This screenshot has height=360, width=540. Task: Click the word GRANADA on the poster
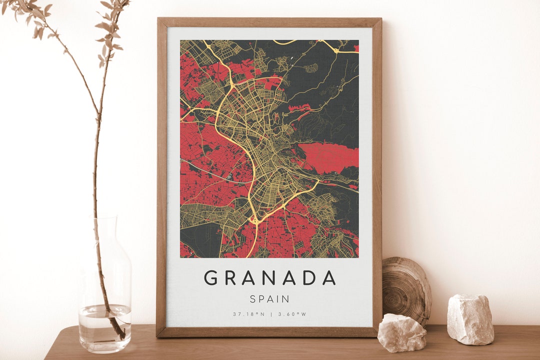coord(269,277)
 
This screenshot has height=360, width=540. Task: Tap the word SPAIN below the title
coord(269,299)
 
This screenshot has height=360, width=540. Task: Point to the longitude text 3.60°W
coord(292,314)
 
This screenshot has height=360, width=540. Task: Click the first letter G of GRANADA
coord(210,277)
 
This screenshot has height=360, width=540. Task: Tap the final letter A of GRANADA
coord(328,277)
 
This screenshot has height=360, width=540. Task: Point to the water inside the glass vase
coord(105,327)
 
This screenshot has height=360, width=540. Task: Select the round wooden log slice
coord(406,290)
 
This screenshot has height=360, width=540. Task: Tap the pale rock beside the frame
coord(401,332)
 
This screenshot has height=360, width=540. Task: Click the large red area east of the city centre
coord(330,155)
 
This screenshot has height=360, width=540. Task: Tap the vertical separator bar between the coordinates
coord(270,314)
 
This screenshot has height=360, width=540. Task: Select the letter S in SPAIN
coord(253,299)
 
